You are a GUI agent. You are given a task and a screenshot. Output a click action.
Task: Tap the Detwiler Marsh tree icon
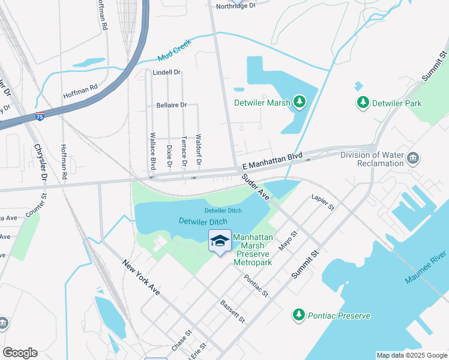(299, 102)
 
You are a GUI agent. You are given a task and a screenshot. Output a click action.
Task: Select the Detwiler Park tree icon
(363, 103)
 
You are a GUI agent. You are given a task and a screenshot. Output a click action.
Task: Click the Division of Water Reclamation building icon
(412, 158)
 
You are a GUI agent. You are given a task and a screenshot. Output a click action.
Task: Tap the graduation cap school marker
(220, 241)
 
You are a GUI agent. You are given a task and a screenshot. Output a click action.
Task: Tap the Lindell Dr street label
(166, 73)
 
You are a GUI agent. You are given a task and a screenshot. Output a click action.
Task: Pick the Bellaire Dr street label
(171, 104)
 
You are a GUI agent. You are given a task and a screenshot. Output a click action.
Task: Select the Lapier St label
(322, 202)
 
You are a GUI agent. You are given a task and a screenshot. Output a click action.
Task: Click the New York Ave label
(142, 277)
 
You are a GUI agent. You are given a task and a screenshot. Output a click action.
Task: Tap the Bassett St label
(233, 311)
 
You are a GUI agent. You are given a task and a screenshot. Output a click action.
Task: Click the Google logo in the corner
(20, 353)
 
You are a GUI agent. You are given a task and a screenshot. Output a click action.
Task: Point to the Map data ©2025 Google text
(411, 355)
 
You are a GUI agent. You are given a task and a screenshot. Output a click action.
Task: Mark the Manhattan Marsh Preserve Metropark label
(253, 250)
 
